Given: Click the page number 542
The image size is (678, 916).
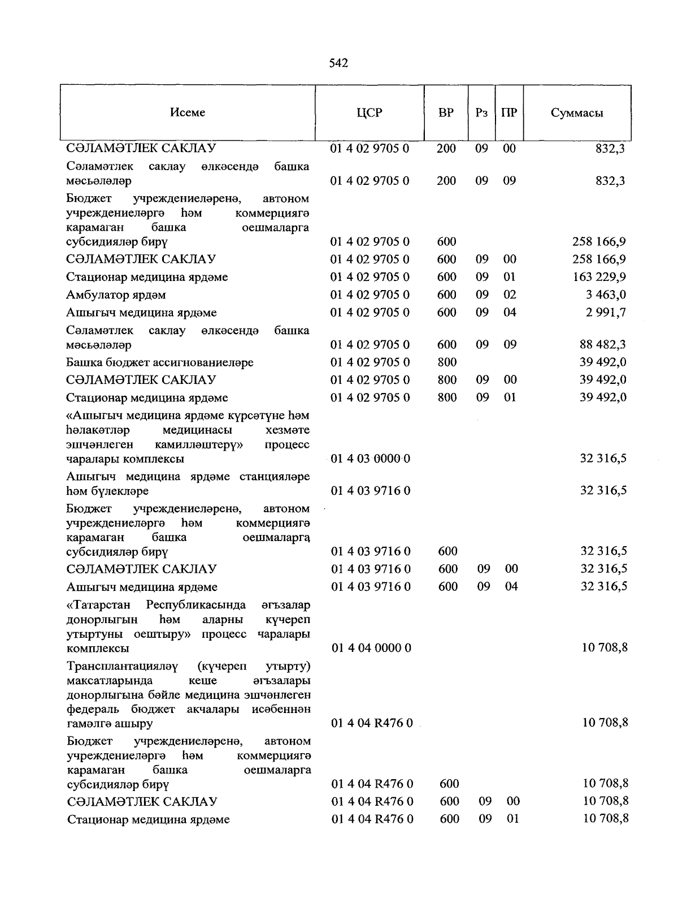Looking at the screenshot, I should tap(338, 63).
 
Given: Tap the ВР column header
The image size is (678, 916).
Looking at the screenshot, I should tap(446, 113).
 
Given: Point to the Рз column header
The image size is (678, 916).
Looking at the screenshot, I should tap(481, 113).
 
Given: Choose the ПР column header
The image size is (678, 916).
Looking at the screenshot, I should tap(509, 113).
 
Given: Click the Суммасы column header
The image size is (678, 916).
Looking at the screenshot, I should tap(577, 113).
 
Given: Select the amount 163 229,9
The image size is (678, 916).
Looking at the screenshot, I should tap(599, 277).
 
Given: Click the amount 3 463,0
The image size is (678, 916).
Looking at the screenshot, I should tap(606, 295).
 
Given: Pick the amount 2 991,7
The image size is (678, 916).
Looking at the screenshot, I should tap(606, 312).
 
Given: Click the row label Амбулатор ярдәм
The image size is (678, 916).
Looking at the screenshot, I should tap(116, 295).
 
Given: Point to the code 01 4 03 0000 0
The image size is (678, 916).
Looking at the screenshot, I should tap(370, 459).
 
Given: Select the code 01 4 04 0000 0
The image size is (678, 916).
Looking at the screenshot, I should tap(371, 647).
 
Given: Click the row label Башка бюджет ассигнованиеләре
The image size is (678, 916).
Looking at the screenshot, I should tap(160, 362).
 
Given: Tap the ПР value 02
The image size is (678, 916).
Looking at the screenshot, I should tap(510, 295).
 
